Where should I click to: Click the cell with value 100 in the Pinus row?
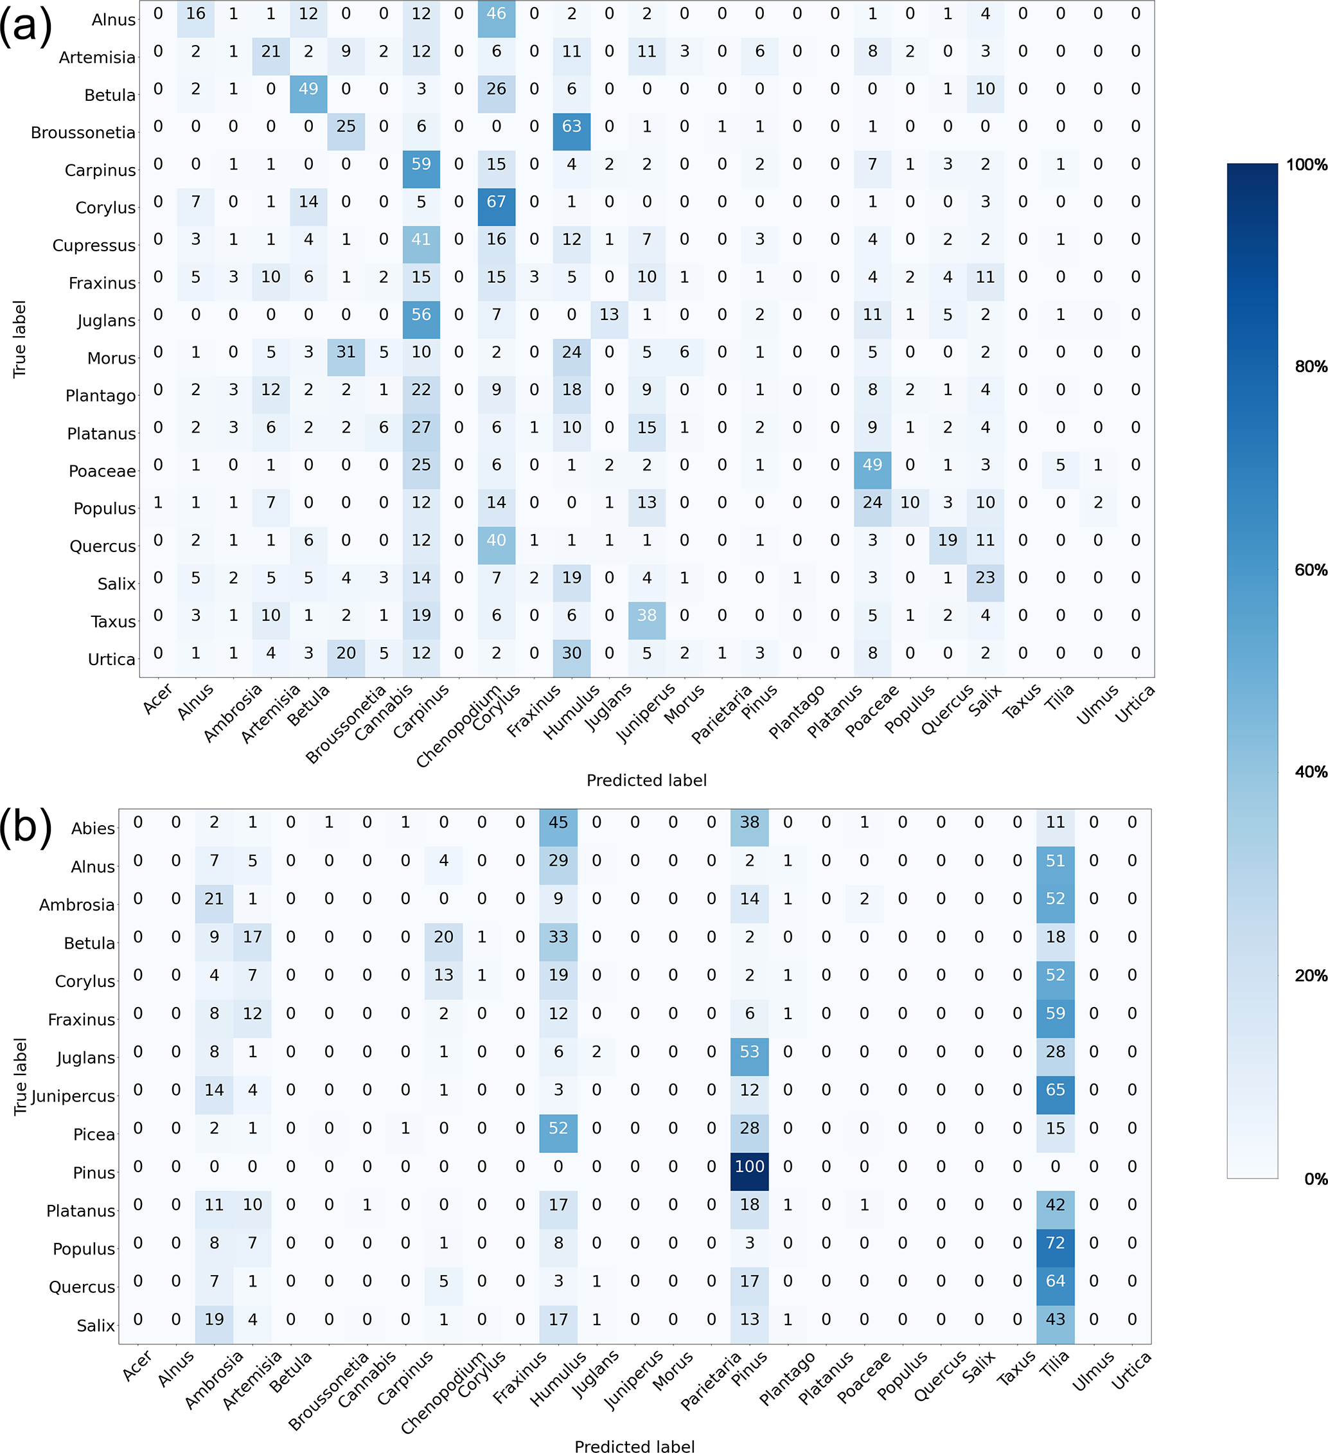[749, 1166]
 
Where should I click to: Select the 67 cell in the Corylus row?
[497, 202]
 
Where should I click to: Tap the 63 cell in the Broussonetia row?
[571, 126]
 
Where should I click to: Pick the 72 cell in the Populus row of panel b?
[1055, 1243]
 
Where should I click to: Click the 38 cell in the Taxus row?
[646, 616]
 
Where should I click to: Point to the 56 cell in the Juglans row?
[421, 315]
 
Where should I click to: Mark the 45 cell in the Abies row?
[558, 823]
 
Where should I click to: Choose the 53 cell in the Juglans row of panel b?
[749, 1051]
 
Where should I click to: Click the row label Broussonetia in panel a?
[83, 132]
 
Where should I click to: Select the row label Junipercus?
[73, 1096]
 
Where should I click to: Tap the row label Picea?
[94, 1134]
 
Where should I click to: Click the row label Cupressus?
[94, 245]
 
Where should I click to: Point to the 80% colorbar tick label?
[1311, 367]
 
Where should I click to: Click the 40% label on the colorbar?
[1311, 772]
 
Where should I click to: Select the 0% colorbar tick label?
[1315, 1179]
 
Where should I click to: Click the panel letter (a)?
[26, 26]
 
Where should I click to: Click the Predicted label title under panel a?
[646, 781]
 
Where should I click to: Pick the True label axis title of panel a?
[19, 339]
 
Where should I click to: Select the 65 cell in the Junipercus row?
[1055, 1090]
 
